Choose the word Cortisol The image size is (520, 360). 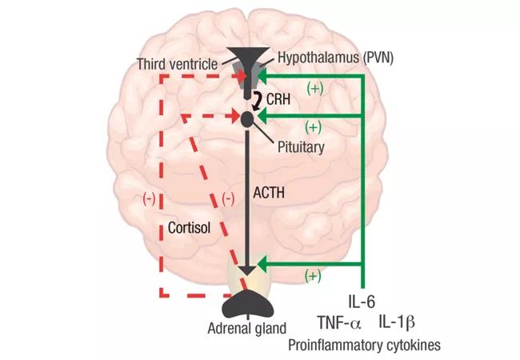click(190, 226)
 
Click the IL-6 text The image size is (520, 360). click(361, 302)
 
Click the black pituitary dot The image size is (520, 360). click(247, 118)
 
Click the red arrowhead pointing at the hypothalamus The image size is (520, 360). click(240, 75)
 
